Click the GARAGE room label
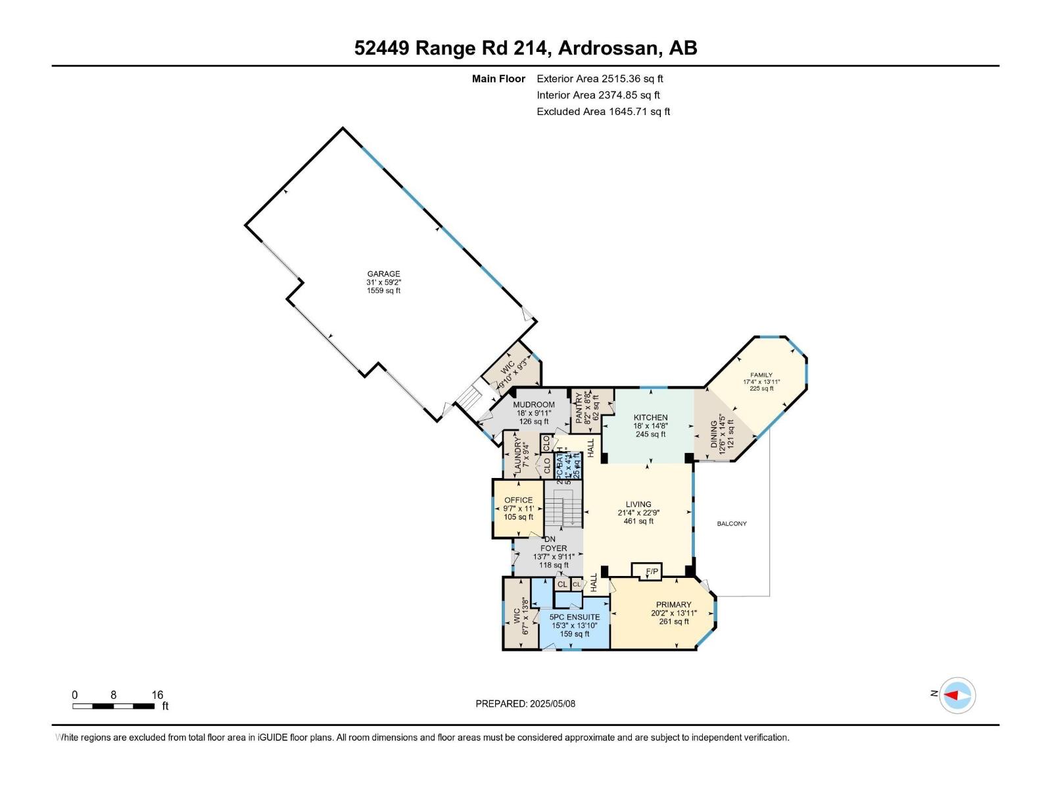(x=383, y=281)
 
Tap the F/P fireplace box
(x=652, y=571)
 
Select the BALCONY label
(x=731, y=523)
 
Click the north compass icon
(x=957, y=695)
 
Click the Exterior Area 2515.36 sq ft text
(x=599, y=79)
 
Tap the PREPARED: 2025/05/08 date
(x=525, y=704)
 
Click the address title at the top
(x=525, y=48)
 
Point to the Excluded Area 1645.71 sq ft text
(x=603, y=112)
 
